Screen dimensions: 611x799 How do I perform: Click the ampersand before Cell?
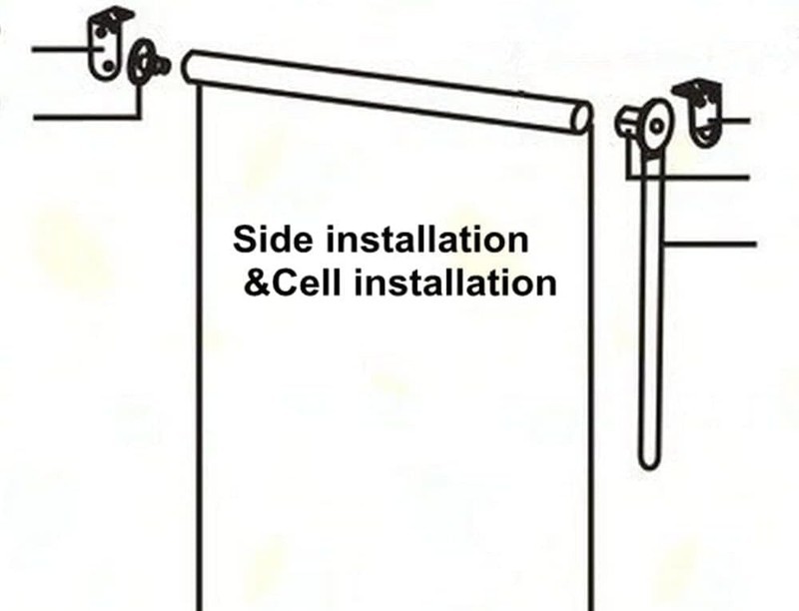256,283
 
